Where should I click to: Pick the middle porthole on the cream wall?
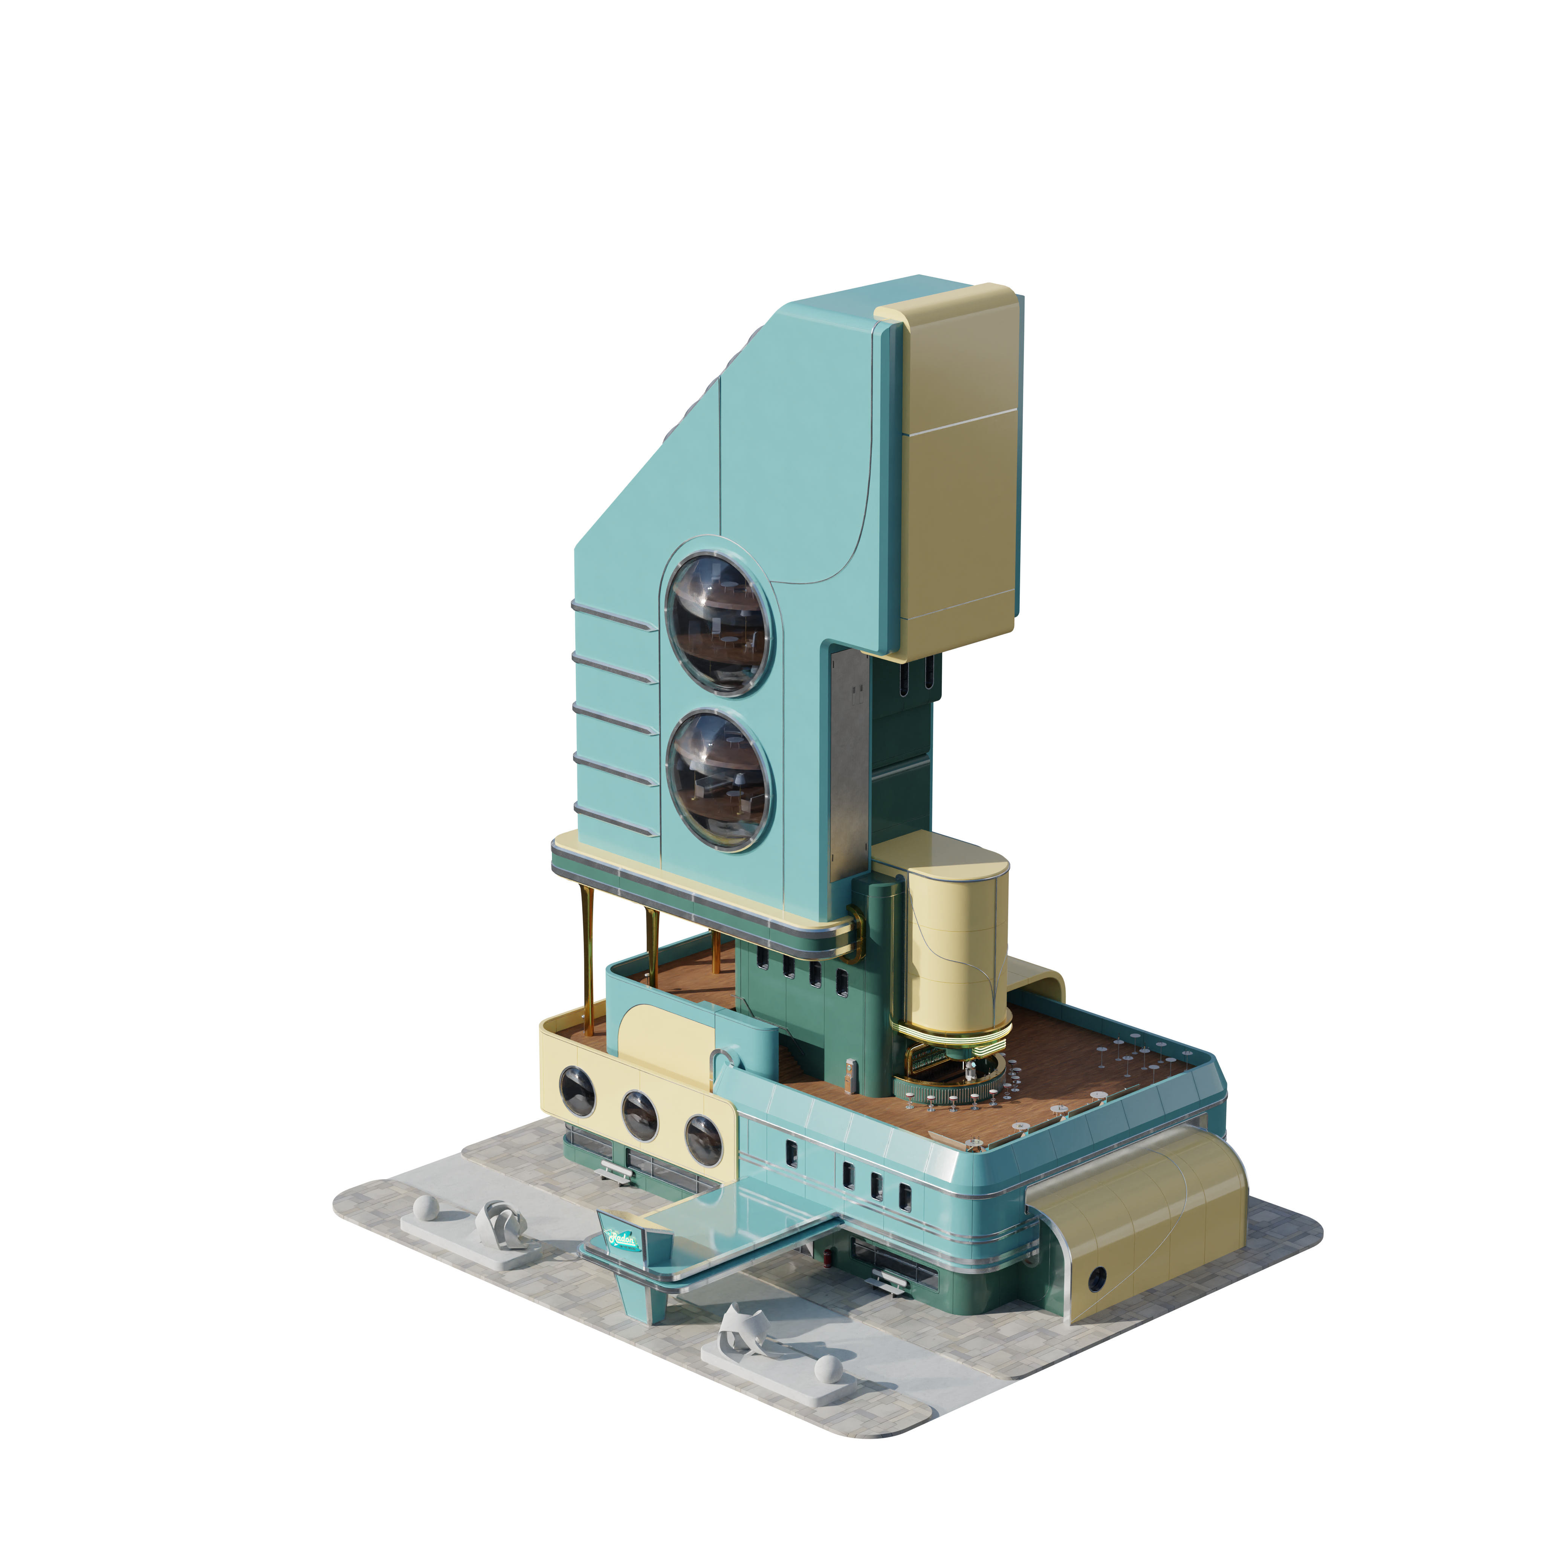tap(640, 1115)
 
